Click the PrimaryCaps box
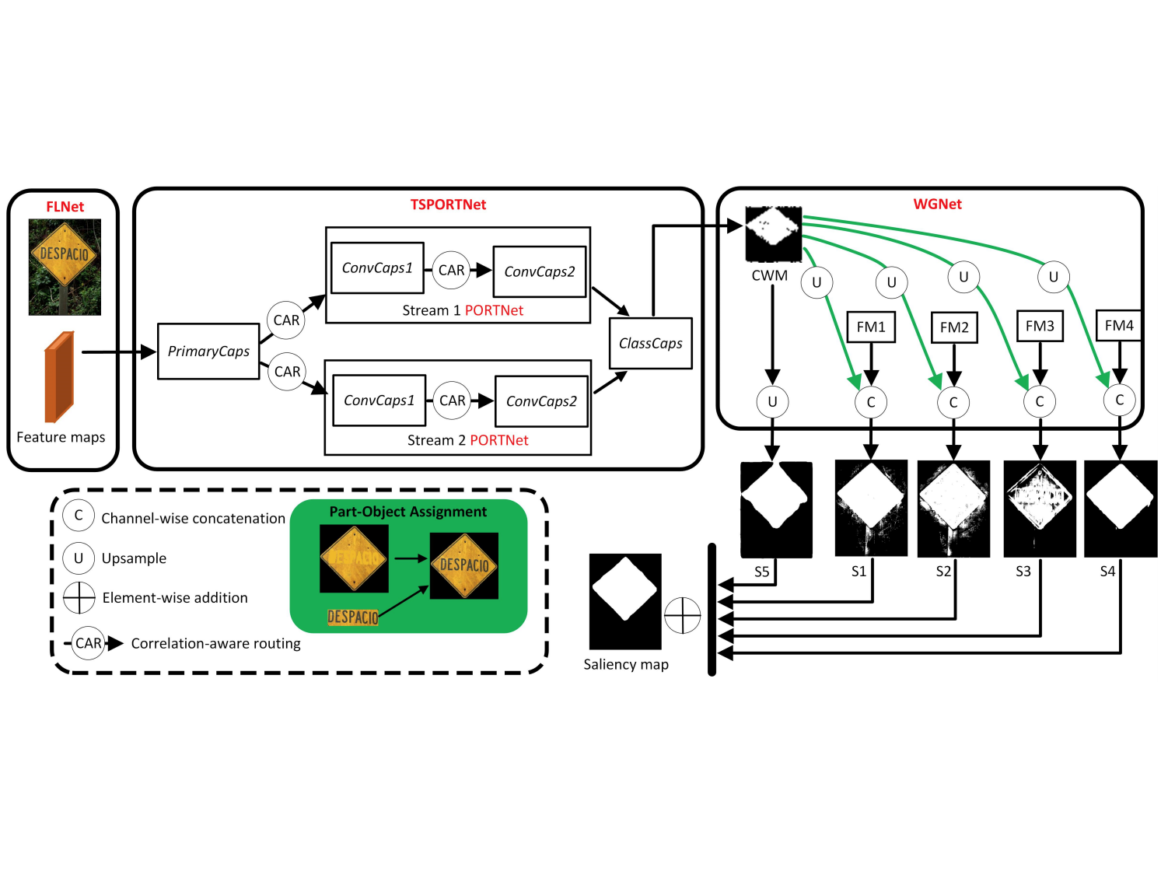click(x=208, y=352)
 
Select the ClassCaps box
click(x=650, y=343)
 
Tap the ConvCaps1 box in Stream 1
click(x=377, y=268)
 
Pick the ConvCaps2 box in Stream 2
click(x=541, y=401)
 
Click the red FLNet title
click(x=65, y=207)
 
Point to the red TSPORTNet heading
click(x=448, y=205)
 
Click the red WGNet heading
click(x=937, y=204)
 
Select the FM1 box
click(x=871, y=327)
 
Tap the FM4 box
click(x=1119, y=326)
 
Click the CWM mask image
click(x=773, y=233)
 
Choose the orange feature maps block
click(x=59, y=377)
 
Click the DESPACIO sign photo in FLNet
click(x=65, y=267)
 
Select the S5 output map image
click(x=776, y=509)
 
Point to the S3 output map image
click(x=1040, y=509)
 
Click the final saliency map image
click(x=625, y=601)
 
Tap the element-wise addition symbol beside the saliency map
click(x=683, y=615)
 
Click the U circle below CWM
click(x=772, y=402)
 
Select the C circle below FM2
click(x=953, y=402)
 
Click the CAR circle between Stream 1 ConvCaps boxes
click(x=451, y=270)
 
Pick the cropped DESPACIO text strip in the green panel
click(x=353, y=617)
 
